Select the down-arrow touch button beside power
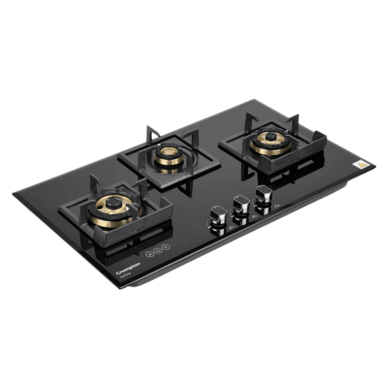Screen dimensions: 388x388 [166, 247]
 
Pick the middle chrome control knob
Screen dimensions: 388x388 [241, 204]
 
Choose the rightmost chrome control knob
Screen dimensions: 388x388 [264, 193]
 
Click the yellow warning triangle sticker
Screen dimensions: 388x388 [362, 164]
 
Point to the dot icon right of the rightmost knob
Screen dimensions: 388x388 [277, 206]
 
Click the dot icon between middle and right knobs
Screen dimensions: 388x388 [254, 217]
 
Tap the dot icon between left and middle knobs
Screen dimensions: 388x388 [231, 228]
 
